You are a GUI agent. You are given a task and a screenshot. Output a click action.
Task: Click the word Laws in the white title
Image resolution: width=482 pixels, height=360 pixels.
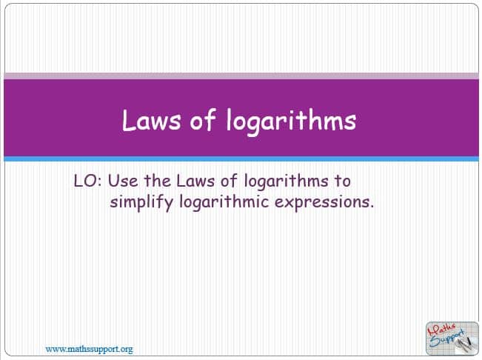pyautogui.click(x=151, y=121)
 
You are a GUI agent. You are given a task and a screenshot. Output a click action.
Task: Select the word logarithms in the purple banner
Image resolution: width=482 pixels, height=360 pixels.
pyautogui.click(x=292, y=121)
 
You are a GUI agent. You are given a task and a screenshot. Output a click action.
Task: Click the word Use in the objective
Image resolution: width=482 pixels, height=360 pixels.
pyautogui.click(x=123, y=181)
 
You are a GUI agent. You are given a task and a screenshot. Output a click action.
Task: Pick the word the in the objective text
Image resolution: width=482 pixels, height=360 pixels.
pyautogui.click(x=158, y=181)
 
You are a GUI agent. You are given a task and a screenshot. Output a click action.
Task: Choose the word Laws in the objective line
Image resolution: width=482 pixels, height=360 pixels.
pyautogui.click(x=195, y=181)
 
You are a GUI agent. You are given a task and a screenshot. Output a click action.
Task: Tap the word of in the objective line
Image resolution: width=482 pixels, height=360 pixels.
pyautogui.click(x=229, y=181)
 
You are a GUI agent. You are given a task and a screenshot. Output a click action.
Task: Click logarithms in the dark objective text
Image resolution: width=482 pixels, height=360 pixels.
pyautogui.click(x=287, y=181)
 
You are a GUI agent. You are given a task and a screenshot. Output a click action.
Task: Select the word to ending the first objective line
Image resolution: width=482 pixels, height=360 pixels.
pyautogui.click(x=343, y=181)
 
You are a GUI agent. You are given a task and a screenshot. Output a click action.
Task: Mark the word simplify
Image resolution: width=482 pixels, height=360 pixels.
pyautogui.click(x=141, y=203)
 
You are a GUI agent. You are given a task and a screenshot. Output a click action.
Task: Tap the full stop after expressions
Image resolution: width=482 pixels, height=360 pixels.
pyautogui.click(x=372, y=207)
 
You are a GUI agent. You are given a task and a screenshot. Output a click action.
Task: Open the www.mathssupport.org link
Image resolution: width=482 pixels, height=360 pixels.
pyautogui.click(x=89, y=349)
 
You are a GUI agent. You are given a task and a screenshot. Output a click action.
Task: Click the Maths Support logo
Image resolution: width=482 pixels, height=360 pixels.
pyautogui.click(x=452, y=339)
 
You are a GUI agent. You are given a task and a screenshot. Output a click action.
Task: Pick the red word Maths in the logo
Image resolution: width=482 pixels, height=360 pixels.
pyautogui.click(x=443, y=330)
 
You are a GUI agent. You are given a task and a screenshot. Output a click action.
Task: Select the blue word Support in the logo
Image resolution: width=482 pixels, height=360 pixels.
pyautogui.click(x=446, y=339)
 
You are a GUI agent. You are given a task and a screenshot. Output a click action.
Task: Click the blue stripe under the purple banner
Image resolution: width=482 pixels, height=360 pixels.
pyautogui.click(x=241, y=159)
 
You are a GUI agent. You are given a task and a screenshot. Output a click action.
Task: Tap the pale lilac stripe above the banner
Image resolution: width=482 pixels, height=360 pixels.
pyautogui.click(x=241, y=76)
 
